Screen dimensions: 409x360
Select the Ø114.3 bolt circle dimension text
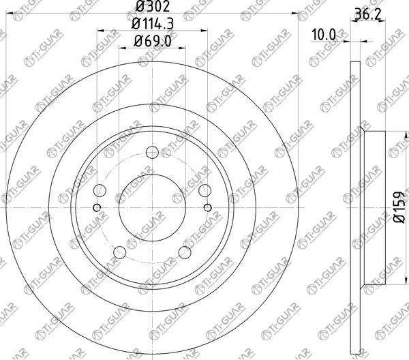[x=152, y=24]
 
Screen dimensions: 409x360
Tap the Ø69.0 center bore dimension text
[x=152, y=41]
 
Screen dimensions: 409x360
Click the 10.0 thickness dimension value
[x=324, y=35]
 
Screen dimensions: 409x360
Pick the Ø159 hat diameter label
[x=399, y=207]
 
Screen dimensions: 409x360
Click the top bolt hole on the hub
[x=152, y=153]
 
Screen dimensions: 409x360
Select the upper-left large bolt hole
[x=100, y=191]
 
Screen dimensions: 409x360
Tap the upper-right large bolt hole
[x=204, y=191]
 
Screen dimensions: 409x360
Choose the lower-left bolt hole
[x=120, y=252]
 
